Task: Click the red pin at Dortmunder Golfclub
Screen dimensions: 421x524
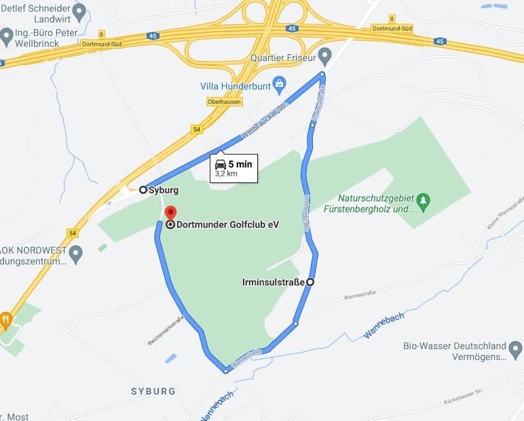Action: point(171,212)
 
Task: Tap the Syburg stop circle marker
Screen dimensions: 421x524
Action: point(143,190)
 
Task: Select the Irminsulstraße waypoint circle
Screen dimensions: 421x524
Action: point(310,281)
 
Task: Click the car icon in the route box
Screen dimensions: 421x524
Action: point(220,164)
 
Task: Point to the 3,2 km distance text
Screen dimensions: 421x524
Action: point(226,174)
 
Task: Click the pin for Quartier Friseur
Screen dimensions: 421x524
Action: point(324,55)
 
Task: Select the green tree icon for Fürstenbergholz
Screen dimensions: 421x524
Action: point(424,200)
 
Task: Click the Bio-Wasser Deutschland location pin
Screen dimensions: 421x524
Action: point(516,350)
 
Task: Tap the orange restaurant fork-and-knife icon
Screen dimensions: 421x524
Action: point(6,318)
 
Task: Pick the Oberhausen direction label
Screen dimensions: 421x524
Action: point(224,102)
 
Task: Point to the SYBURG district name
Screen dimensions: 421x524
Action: point(153,392)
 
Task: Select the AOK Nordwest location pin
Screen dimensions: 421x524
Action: point(75,254)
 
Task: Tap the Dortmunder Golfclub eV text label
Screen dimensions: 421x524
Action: point(228,224)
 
